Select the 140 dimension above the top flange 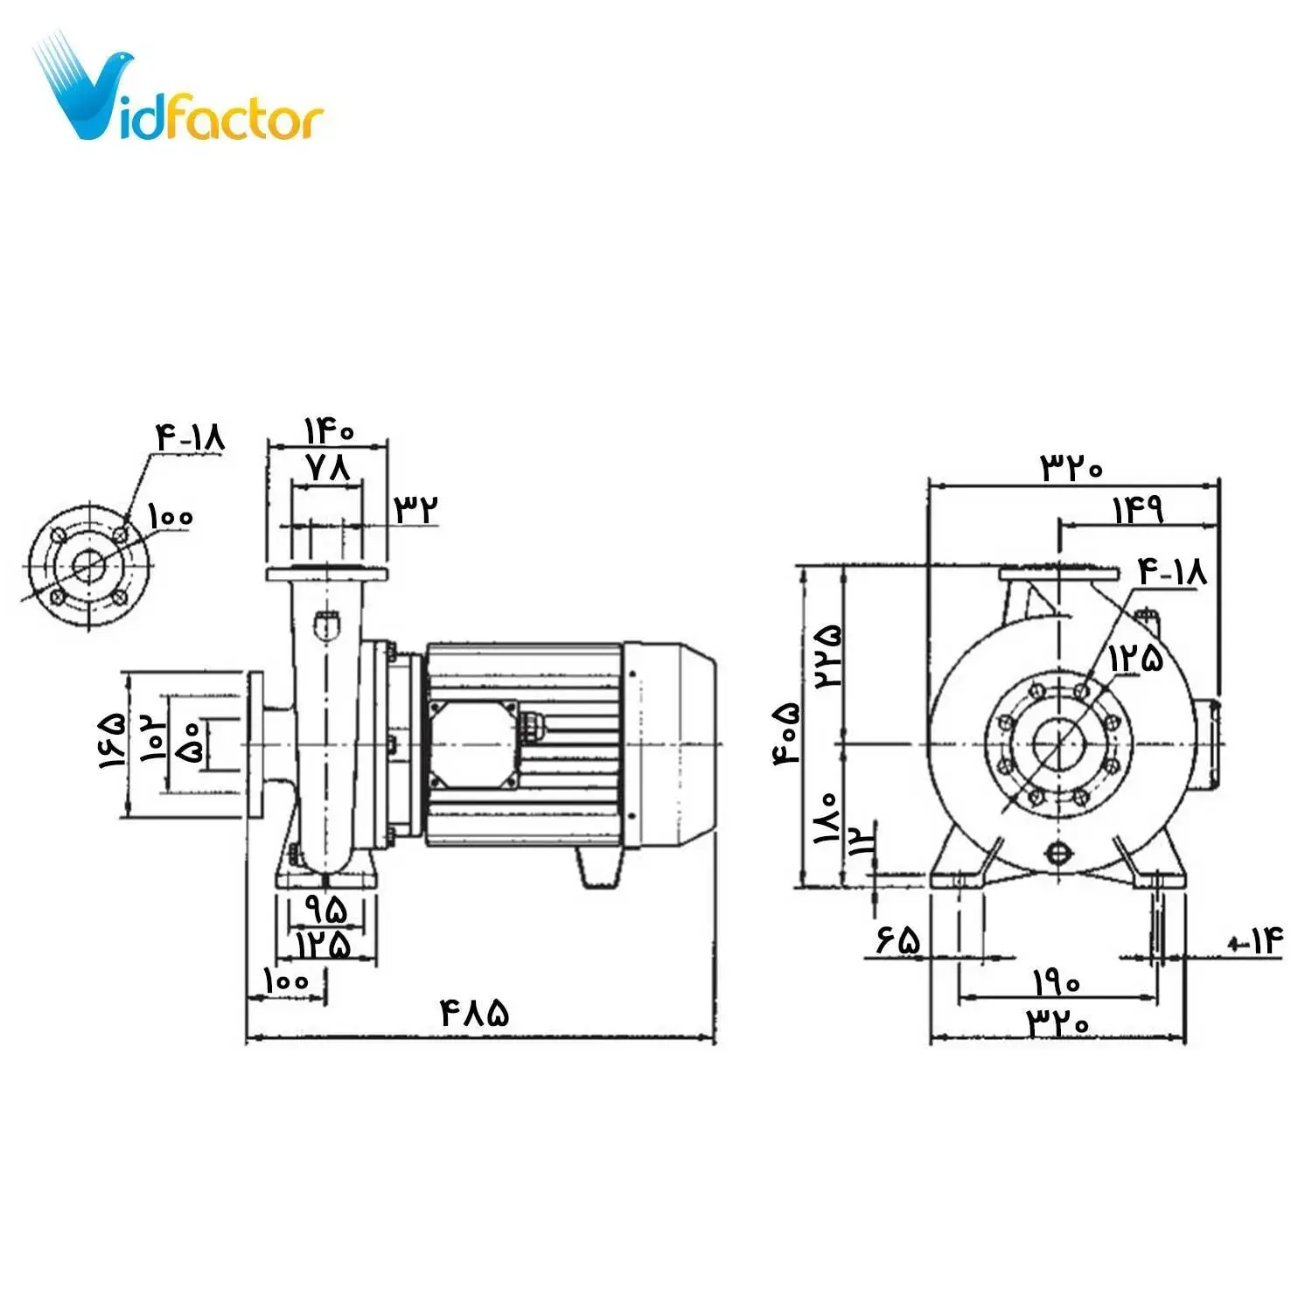328,430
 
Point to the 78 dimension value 328,468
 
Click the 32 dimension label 415,508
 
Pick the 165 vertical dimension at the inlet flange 112,740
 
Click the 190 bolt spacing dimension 1057,983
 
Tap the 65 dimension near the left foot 897,941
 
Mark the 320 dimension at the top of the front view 1071,467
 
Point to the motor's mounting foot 599,868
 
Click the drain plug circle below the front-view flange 1058,852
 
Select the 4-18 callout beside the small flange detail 190,436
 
